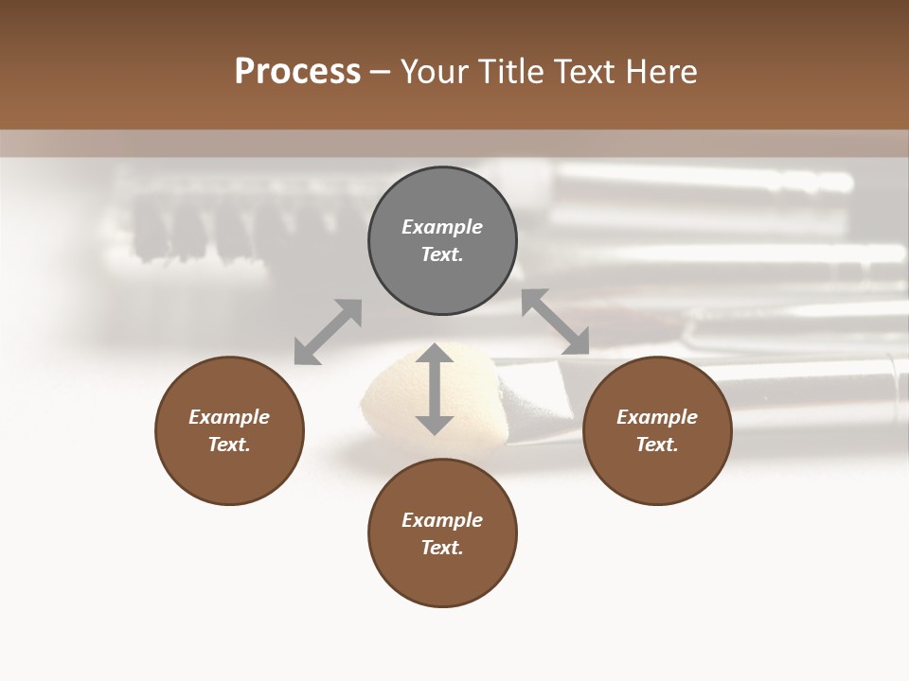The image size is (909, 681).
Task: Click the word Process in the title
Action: pos(297,72)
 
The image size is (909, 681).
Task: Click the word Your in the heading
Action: pos(433,72)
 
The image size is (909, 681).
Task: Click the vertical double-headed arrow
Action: pos(435,389)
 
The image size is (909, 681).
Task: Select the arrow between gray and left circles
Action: pos(328,332)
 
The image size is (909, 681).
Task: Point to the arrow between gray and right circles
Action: pos(556,322)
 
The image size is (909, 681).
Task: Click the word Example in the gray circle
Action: pos(442,227)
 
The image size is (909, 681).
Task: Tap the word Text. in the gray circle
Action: pos(442,254)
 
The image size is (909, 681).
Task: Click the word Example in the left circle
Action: pos(229,417)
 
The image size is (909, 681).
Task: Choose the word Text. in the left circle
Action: pos(229,445)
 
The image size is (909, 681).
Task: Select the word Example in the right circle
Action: pos(657,417)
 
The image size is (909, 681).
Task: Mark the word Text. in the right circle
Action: pos(657,445)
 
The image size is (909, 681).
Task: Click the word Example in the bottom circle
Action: pos(442,520)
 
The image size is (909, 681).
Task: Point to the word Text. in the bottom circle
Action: pos(442,548)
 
